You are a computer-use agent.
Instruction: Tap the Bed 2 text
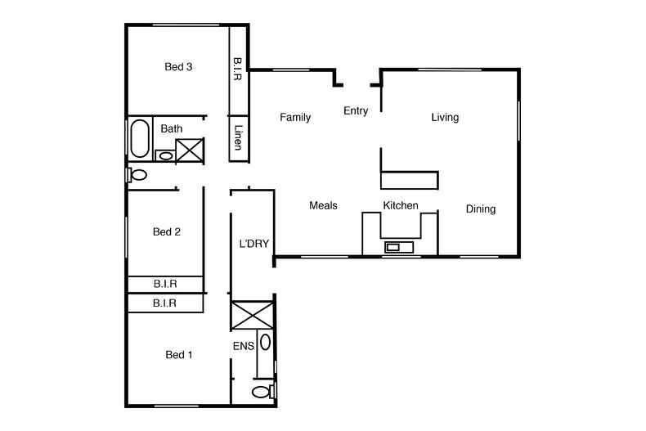167,232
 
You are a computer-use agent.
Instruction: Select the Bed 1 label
178,355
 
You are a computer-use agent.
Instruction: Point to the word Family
295,118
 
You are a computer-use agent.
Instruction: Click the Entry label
356,111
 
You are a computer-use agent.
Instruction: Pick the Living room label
445,118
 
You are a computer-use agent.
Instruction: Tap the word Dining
481,209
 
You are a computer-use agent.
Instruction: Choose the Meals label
323,206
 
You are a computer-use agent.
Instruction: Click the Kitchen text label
401,206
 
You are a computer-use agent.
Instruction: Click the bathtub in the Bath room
140,138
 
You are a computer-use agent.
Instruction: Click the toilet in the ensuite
262,393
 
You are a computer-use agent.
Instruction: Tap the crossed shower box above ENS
253,316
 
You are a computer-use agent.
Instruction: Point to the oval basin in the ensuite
266,342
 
